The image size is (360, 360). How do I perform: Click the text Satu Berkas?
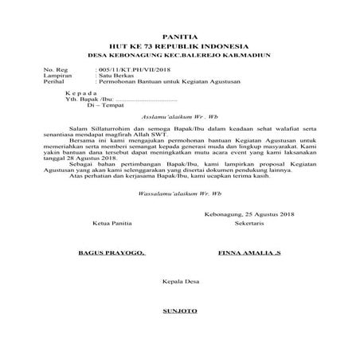tap(115, 76)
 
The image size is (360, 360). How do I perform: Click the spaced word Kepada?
tap(78, 95)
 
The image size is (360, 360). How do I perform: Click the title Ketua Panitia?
tap(102, 224)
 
